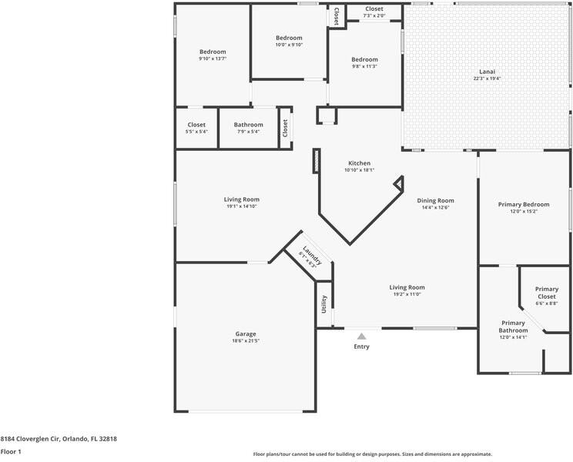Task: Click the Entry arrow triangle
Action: [x=361, y=336]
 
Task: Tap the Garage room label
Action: [x=246, y=334]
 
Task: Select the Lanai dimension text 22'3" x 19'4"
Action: [x=487, y=79]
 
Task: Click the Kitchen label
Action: [x=359, y=163]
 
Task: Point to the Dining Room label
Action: [x=436, y=200]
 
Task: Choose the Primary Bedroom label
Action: [x=524, y=205]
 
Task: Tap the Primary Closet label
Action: [x=547, y=293]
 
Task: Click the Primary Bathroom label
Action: [x=513, y=326]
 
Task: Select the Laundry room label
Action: [x=313, y=256]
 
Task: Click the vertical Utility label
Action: [x=323, y=304]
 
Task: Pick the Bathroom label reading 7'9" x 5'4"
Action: [x=249, y=125]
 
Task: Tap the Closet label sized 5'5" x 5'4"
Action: [x=196, y=125]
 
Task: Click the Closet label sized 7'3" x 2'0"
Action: [x=374, y=8]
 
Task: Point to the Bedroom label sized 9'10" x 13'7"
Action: [x=213, y=52]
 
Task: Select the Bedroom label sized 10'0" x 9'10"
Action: [x=289, y=38]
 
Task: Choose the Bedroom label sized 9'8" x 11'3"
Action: [x=365, y=59]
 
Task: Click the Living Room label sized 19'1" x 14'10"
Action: [x=242, y=199]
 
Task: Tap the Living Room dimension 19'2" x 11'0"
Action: [x=407, y=294]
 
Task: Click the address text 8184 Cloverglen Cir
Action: [x=29, y=439]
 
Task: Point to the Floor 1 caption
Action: [x=11, y=452]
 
